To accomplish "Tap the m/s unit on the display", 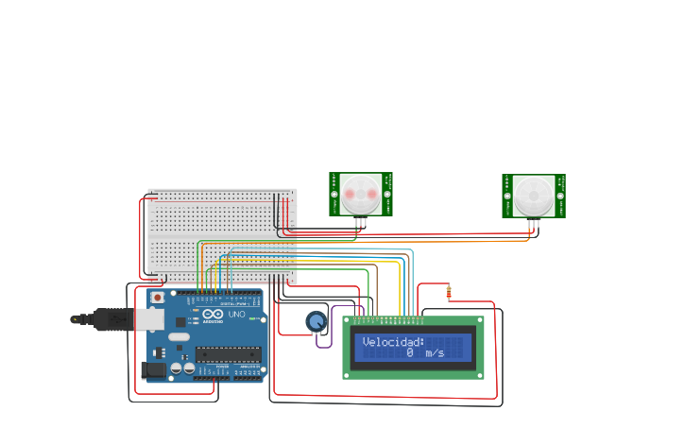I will point(435,352).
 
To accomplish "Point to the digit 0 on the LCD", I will point(410,352).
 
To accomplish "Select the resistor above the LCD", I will point(449,292).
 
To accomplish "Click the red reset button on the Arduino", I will point(157,298).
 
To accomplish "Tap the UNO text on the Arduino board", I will point(236,314).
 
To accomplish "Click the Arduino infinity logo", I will point(213,314).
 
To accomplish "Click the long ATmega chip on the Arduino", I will point(228,355).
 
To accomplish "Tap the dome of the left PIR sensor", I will point(360,193).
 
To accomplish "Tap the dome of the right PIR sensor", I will point(534,196).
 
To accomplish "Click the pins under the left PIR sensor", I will point(361,223).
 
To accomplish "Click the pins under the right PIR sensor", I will point(534,225).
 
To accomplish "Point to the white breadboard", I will point(222,236).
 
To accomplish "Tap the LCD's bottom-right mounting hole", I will point(479,374).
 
